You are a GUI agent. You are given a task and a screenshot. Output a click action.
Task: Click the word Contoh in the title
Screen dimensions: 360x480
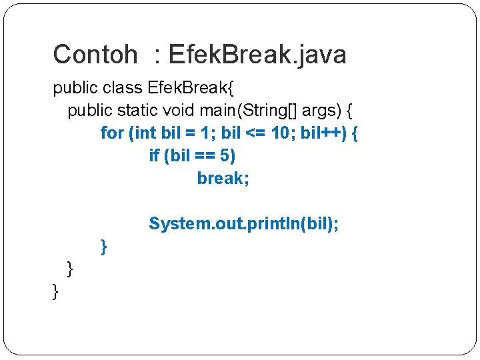(x=95, y=55)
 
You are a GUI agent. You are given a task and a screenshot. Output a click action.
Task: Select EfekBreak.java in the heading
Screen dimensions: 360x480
(x=257, y=55)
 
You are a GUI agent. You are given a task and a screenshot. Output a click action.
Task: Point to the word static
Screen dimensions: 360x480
(x=134, y=111)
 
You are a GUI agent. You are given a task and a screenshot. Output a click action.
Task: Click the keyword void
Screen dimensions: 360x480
(x=176, y=111)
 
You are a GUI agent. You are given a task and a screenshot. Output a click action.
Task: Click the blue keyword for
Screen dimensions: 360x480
(x=112, y=133)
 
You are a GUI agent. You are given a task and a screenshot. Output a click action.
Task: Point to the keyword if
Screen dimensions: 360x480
(x=154, y=156)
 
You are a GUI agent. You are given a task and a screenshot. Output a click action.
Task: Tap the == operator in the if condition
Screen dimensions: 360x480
(x=204, y=156)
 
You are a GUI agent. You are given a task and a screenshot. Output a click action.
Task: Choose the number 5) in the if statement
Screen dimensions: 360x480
(x=228, y=156)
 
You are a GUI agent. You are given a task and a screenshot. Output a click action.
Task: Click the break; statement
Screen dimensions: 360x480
(x=223, y=179)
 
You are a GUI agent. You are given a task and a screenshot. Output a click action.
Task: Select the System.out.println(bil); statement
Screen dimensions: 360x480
(x=243, y=223)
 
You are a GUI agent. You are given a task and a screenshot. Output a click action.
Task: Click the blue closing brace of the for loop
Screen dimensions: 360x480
(x=103, y=247)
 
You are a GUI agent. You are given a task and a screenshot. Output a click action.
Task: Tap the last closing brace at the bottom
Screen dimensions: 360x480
(x=55, y=291)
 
